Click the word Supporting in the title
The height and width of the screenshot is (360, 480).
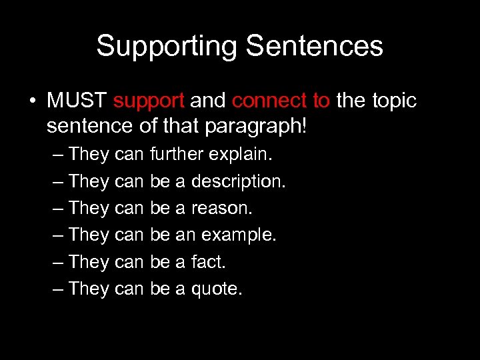click(x=167, y=47)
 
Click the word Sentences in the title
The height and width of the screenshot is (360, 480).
click(x=315, y=47)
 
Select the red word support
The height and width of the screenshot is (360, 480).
click(x=149, y=101)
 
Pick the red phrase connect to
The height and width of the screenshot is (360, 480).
click(x=281, y=101)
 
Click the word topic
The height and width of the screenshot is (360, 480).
click(x=390, y=101)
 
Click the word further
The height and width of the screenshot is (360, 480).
click(x=177, y=154)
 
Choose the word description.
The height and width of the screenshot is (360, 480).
click(x=239, y=181)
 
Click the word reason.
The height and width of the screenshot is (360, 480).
click(x=222, y=208)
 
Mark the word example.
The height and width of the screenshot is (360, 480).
click(x=239, y=235)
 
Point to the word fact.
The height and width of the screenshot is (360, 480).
click(x=209, y=262)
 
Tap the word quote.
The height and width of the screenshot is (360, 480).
click(x=217, y=289)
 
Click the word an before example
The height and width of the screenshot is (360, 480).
click(x=185, y=235)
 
